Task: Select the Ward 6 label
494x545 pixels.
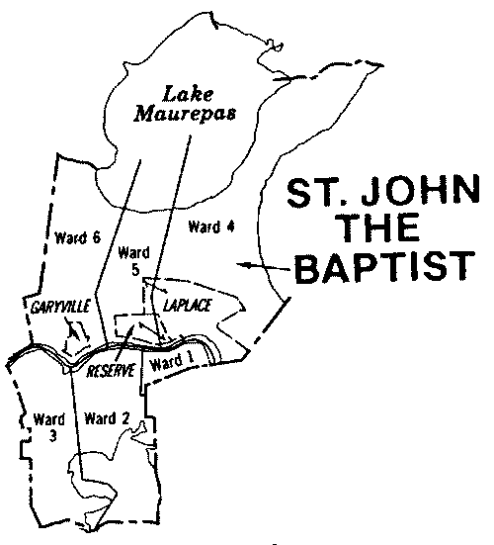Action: (x=74, y=238)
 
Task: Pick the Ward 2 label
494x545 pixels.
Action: (x=108, y=415)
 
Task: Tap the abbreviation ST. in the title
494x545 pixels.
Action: (x=313, y=192)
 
